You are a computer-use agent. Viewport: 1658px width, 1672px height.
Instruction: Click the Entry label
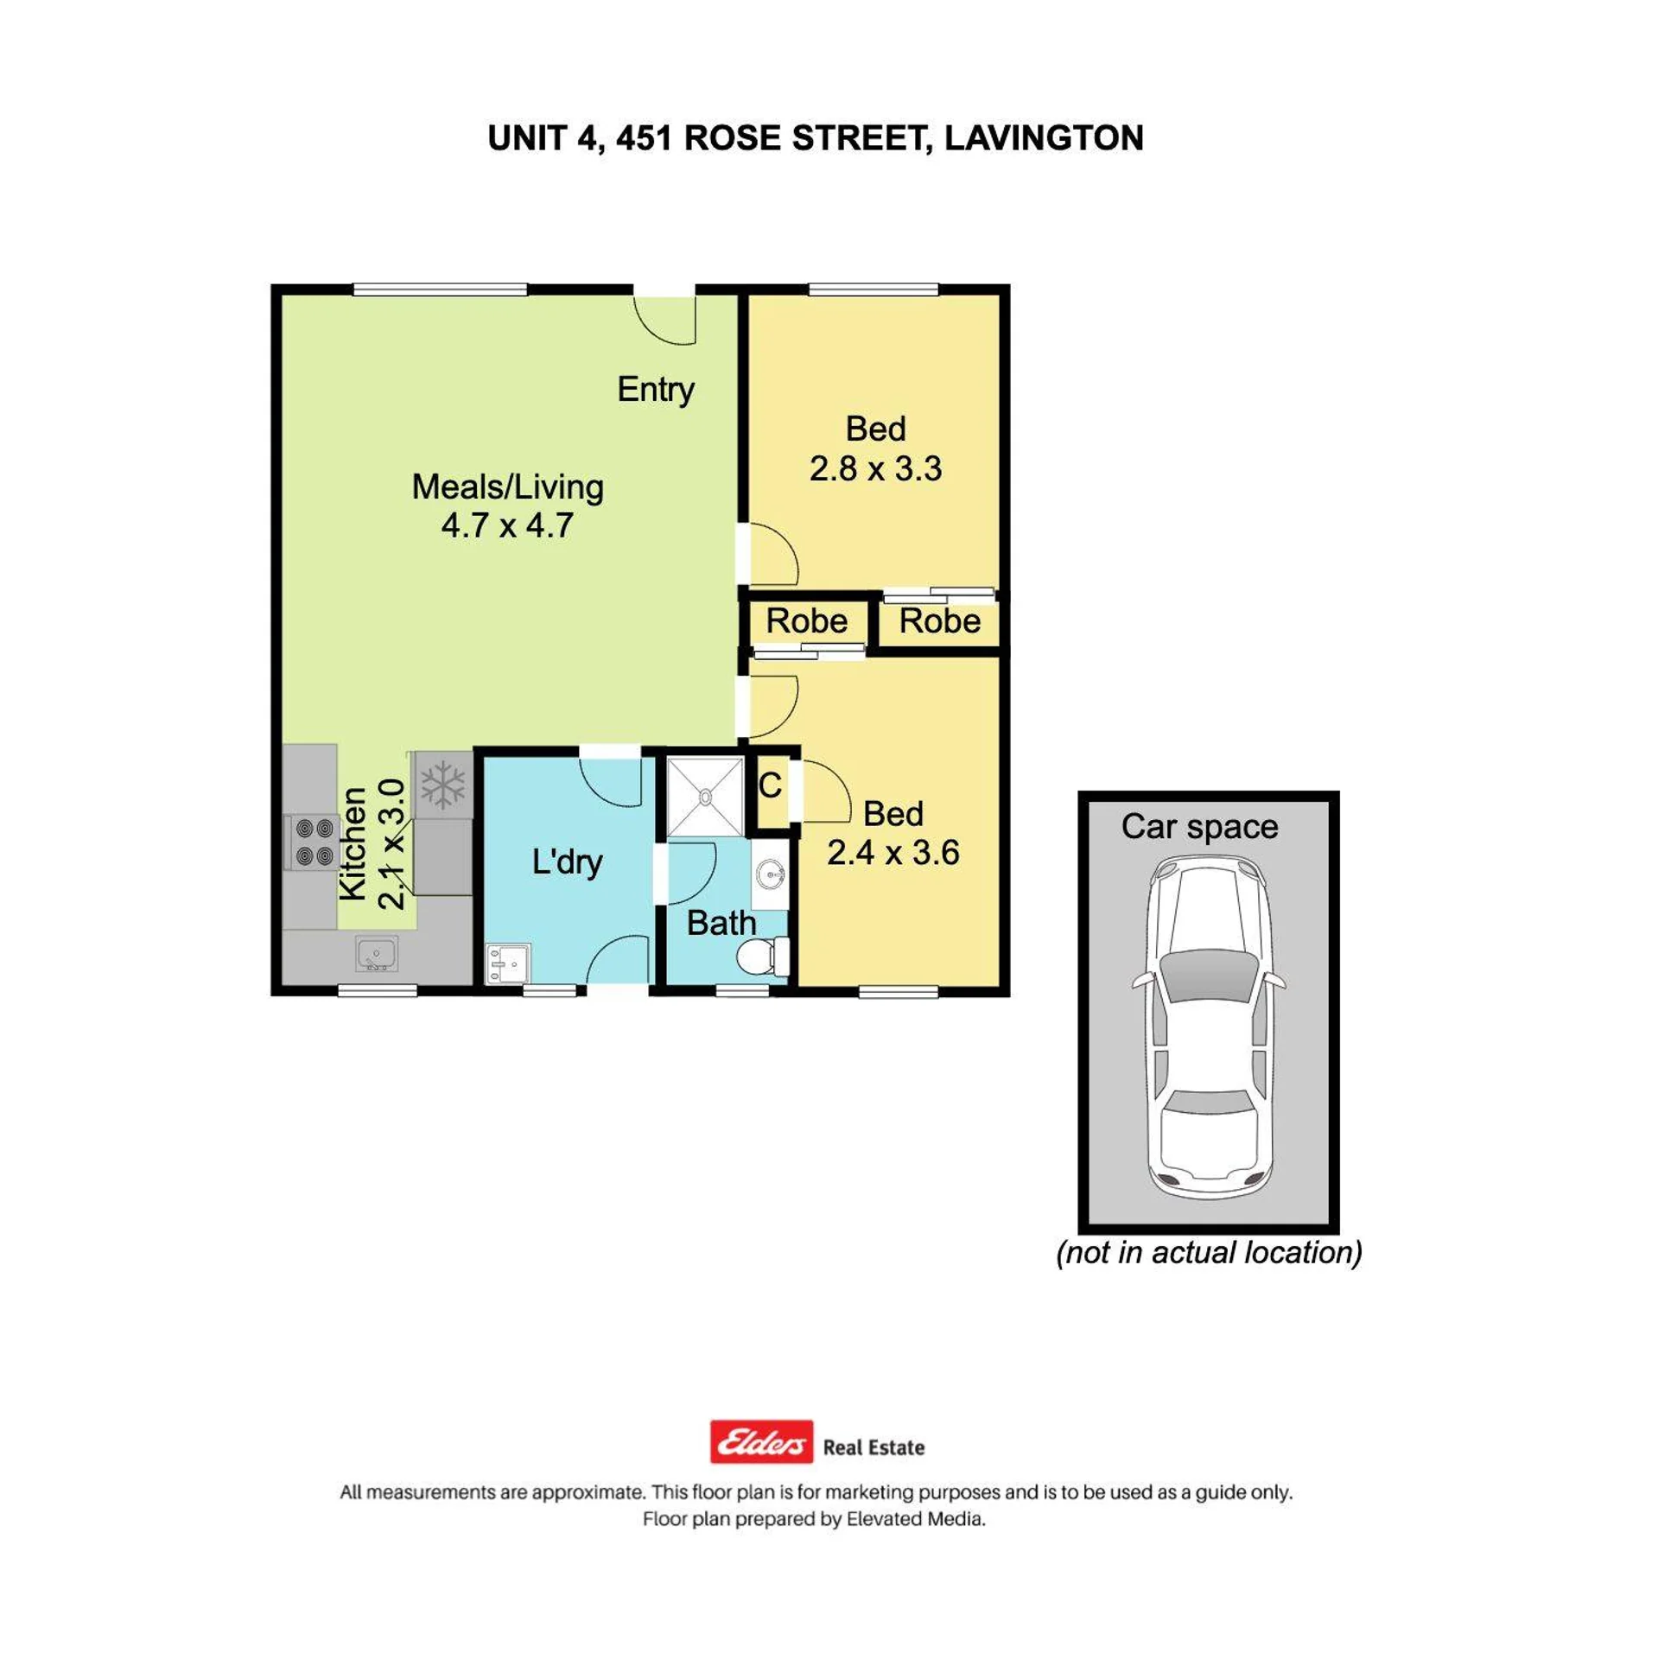click(655, 390)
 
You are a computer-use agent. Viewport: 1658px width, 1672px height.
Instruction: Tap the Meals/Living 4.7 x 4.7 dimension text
click(507, 525)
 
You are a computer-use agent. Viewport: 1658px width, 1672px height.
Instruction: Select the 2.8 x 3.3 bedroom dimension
click(875, 468)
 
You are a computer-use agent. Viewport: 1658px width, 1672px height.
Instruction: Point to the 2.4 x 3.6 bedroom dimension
click(893, 853)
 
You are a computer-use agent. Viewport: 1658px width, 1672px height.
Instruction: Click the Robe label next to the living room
click(806, 621)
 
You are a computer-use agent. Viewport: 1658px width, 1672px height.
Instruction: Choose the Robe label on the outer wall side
click(940, 621)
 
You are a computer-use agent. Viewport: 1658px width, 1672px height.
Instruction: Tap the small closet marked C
click(769, 785)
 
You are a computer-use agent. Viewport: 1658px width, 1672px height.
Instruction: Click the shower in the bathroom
click(705, 797)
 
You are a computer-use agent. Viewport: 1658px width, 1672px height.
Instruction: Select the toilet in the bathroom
click(762, 957)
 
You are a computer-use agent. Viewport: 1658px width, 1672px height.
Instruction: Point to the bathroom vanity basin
click(769, 875)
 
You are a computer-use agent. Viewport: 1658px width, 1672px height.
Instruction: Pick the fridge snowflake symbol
click(443, 785)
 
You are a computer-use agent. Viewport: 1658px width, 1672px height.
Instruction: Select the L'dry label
click(567, 862)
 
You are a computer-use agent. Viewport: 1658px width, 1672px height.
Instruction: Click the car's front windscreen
click(1208, 976)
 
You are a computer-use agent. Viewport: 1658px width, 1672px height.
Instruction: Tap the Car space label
click(1199, 826)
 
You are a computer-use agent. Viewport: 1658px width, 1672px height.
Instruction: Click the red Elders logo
click(761, 1441)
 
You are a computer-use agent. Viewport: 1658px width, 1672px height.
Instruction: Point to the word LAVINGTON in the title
click(1044, 138)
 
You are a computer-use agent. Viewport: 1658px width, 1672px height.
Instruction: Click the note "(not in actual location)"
click(1209, 1252)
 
